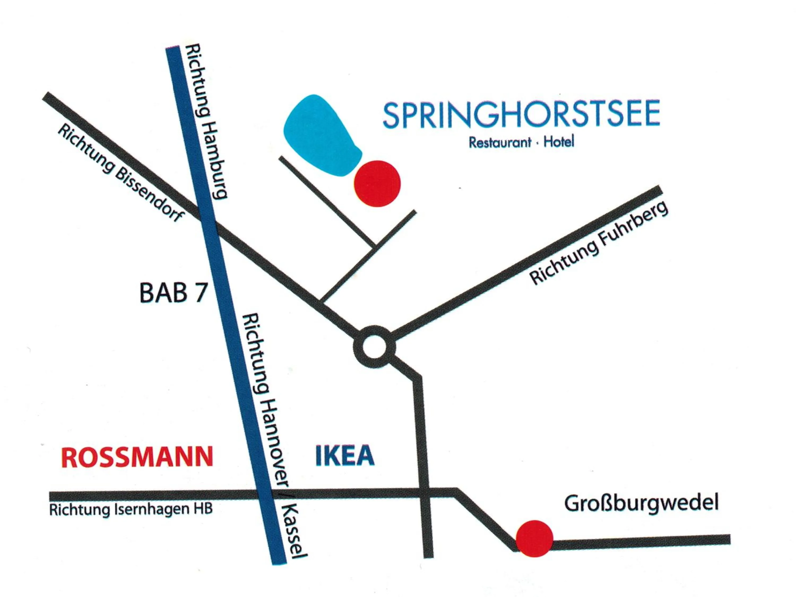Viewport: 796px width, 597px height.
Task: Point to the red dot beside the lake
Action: pyautogui.click(x=377, y=184)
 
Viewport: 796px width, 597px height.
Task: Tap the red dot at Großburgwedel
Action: pyautogui.click(x=534, y=538)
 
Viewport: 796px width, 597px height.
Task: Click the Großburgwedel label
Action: pyautogui.click(x=641, y=503)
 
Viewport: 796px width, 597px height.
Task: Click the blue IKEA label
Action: pyautogui.click(x=345, y=456)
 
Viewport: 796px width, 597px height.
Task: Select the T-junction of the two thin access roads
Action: pyautogui.click(x=374, y=246)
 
